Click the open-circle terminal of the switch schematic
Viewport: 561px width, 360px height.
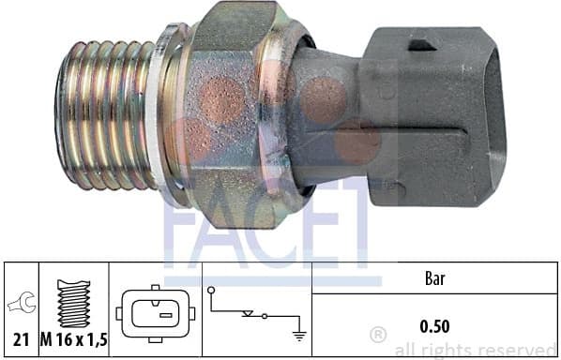pos(211,292)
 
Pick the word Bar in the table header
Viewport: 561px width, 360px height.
pos(433,277)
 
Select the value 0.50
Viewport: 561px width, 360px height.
pos(433,326)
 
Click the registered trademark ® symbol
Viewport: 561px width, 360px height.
pos(378,335)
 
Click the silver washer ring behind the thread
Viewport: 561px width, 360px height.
pos(169,112)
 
